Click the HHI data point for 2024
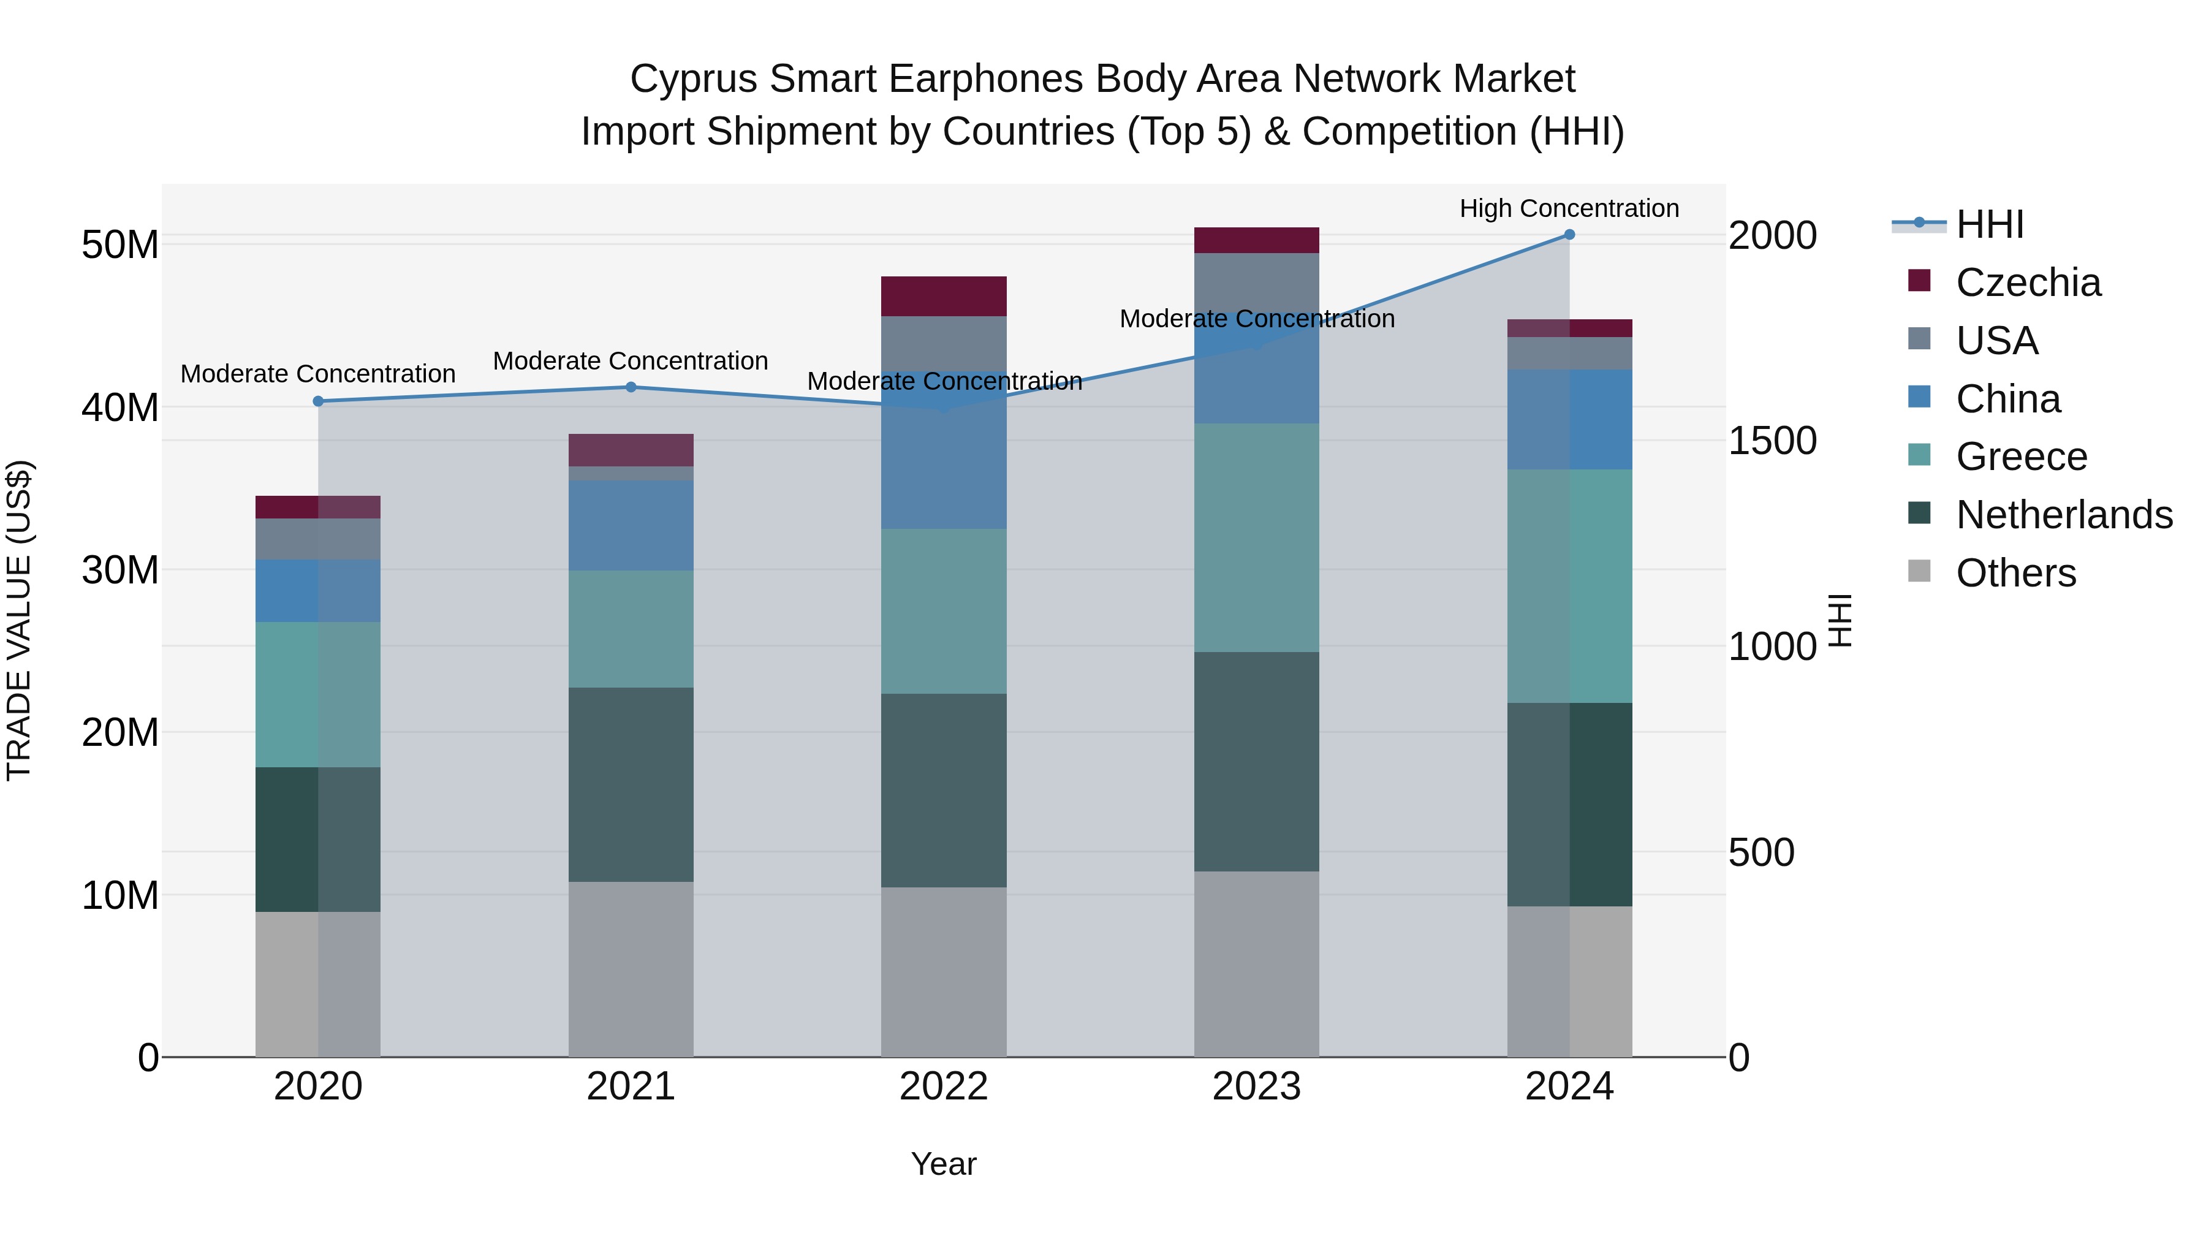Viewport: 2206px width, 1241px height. (x=1569, y=235)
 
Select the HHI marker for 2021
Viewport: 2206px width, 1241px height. (x=631, y=387)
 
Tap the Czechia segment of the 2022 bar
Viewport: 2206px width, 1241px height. (x=944, y=297)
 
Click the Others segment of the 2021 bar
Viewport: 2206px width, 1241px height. (x=631, y=969)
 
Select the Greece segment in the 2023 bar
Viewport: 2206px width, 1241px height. (x=1256, y=538)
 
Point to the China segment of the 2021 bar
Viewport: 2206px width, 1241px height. (x=631, y=525)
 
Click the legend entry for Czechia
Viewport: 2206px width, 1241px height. (x=2027, y=283)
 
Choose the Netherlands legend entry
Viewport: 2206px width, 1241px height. (x=2064, y=515)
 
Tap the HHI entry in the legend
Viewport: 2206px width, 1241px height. (x=1989, y=224)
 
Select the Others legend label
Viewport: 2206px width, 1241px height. (x=2016, y=573)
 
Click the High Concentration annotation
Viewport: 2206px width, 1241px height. (x=1569, y=208)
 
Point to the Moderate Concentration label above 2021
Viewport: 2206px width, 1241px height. (x=631, y=362)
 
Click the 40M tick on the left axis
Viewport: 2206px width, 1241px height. (x=120, y=408)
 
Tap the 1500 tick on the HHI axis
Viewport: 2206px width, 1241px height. (x=1772, y=441)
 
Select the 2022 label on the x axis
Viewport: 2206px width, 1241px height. (x=944, y=1087)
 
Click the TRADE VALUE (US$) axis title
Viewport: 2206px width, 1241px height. (x=19, y=620)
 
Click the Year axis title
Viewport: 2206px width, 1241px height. (x=943, y=1164)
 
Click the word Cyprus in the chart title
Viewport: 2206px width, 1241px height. (x=694, y=79)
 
